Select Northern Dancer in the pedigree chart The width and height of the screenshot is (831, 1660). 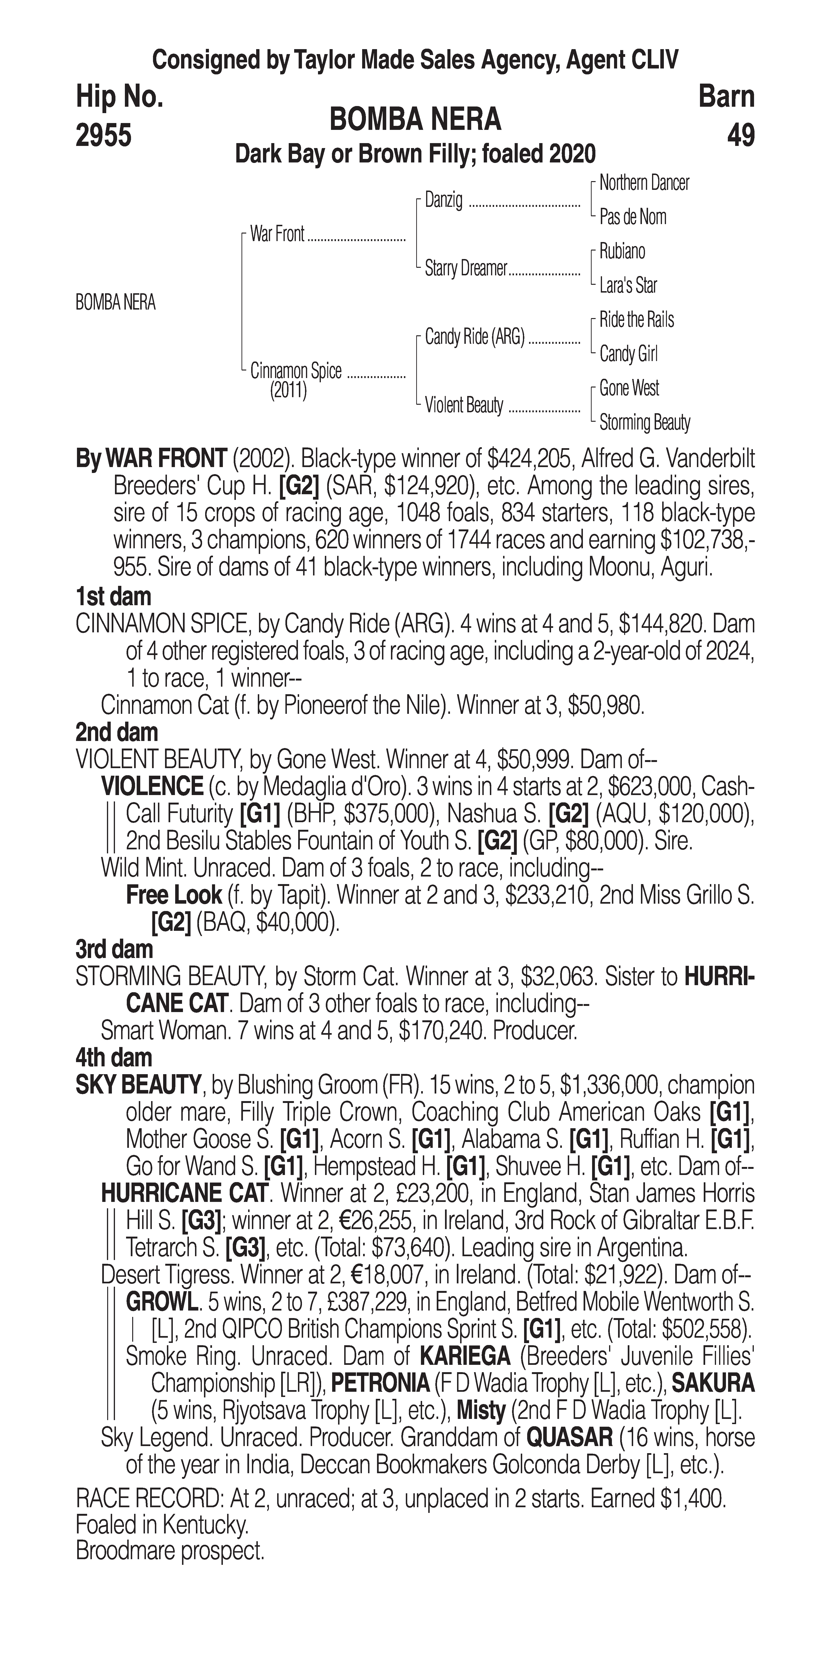tap(644, 183)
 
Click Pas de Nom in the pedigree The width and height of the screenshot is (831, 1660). tap(633, 217)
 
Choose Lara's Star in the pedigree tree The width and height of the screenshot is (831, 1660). tap(628, 285)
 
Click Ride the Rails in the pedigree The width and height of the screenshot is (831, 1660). tap(636, 320)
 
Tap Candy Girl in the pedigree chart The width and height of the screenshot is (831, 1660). tap(628, 354)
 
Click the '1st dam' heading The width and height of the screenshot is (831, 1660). tap(113, 597)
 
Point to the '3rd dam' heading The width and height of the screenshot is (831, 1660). tap(115, 949)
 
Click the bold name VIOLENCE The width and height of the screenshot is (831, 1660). tap(152, 786)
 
